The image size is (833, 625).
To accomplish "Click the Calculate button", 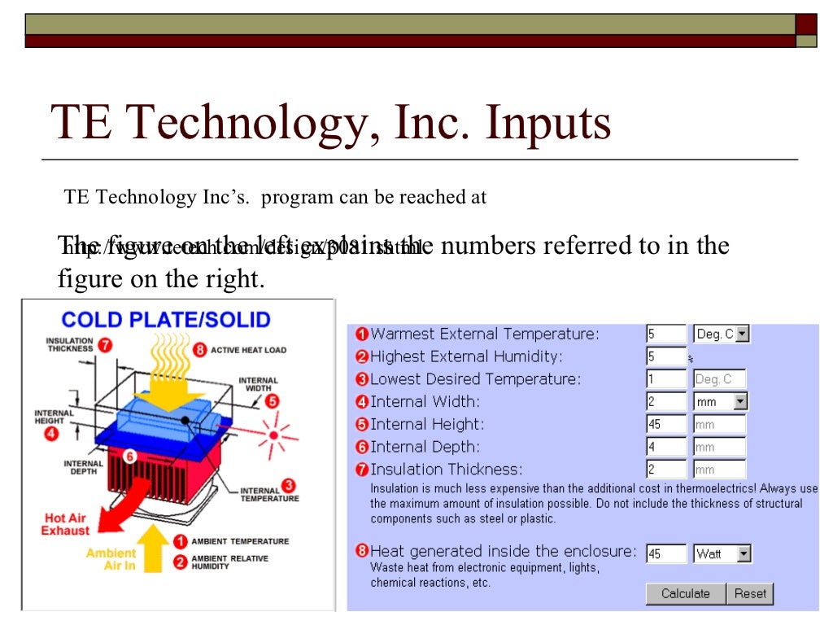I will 685,594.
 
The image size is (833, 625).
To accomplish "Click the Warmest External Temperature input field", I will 666,334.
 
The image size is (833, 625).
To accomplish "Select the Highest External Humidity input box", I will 666,356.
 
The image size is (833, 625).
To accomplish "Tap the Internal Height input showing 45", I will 666,424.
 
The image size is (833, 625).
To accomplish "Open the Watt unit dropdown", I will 744,554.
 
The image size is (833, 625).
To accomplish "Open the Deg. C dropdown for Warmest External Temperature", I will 742,334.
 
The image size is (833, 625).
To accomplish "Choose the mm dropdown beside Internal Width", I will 739,401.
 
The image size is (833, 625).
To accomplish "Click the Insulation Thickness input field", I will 666,470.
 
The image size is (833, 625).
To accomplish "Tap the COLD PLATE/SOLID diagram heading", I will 166,319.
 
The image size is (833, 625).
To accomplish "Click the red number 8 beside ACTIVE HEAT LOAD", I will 200,350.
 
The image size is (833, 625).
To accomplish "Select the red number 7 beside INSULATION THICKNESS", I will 105,344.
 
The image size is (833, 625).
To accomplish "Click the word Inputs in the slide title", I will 547,125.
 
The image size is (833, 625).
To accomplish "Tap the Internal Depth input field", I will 666,447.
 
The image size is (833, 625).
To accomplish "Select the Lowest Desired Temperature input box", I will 666,379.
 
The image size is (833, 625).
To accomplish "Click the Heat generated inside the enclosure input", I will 666,554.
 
